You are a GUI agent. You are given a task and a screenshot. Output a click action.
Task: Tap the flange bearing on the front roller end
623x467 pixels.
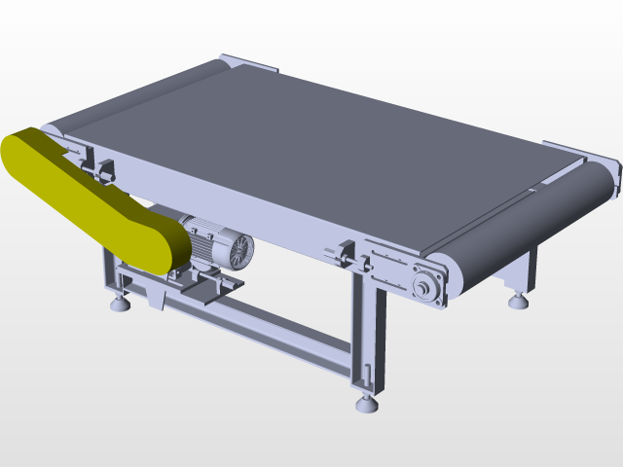pyautogui.click(x=424, y=287)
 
